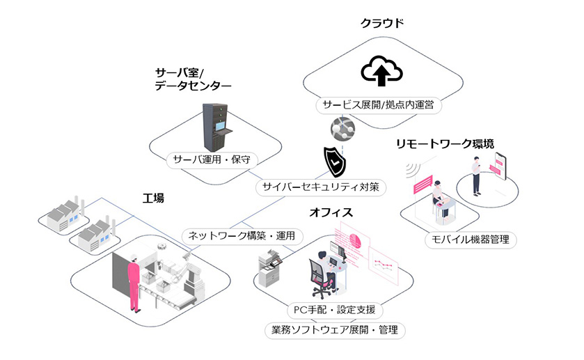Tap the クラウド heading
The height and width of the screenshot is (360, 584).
382,23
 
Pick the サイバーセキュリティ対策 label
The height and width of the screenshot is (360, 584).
320,187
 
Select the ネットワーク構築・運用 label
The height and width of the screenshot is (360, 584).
242,235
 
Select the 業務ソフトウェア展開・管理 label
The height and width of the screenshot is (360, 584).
334,329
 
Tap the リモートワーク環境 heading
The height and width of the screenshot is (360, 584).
445,144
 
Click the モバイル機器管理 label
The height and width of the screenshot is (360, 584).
471,240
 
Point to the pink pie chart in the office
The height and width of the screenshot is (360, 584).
355,240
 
